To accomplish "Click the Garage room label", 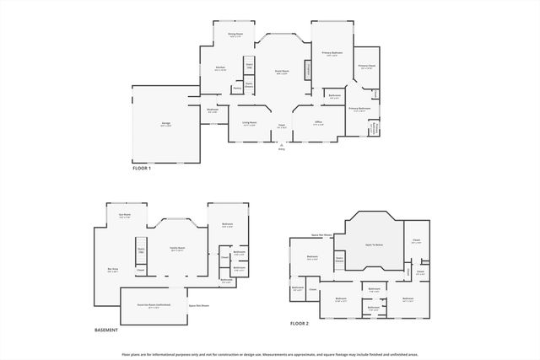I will tap(166, 124).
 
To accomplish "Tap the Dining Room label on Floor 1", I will tap(235, 35).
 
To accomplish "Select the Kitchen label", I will tap(220, 68).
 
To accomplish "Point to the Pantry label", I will tap(237, 87).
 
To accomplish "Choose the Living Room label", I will tap(250, 123).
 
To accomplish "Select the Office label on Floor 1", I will tap(318, 123).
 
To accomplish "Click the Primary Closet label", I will tap(365, 66).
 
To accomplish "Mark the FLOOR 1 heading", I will tap(142, 169).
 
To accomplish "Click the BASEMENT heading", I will tap(106, 330).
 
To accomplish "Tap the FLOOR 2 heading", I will tap(300, 323).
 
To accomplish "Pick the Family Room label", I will tap(177, 249).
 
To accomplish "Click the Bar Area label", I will tap(112, 270).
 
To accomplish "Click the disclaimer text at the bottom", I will tap(269, 354).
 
